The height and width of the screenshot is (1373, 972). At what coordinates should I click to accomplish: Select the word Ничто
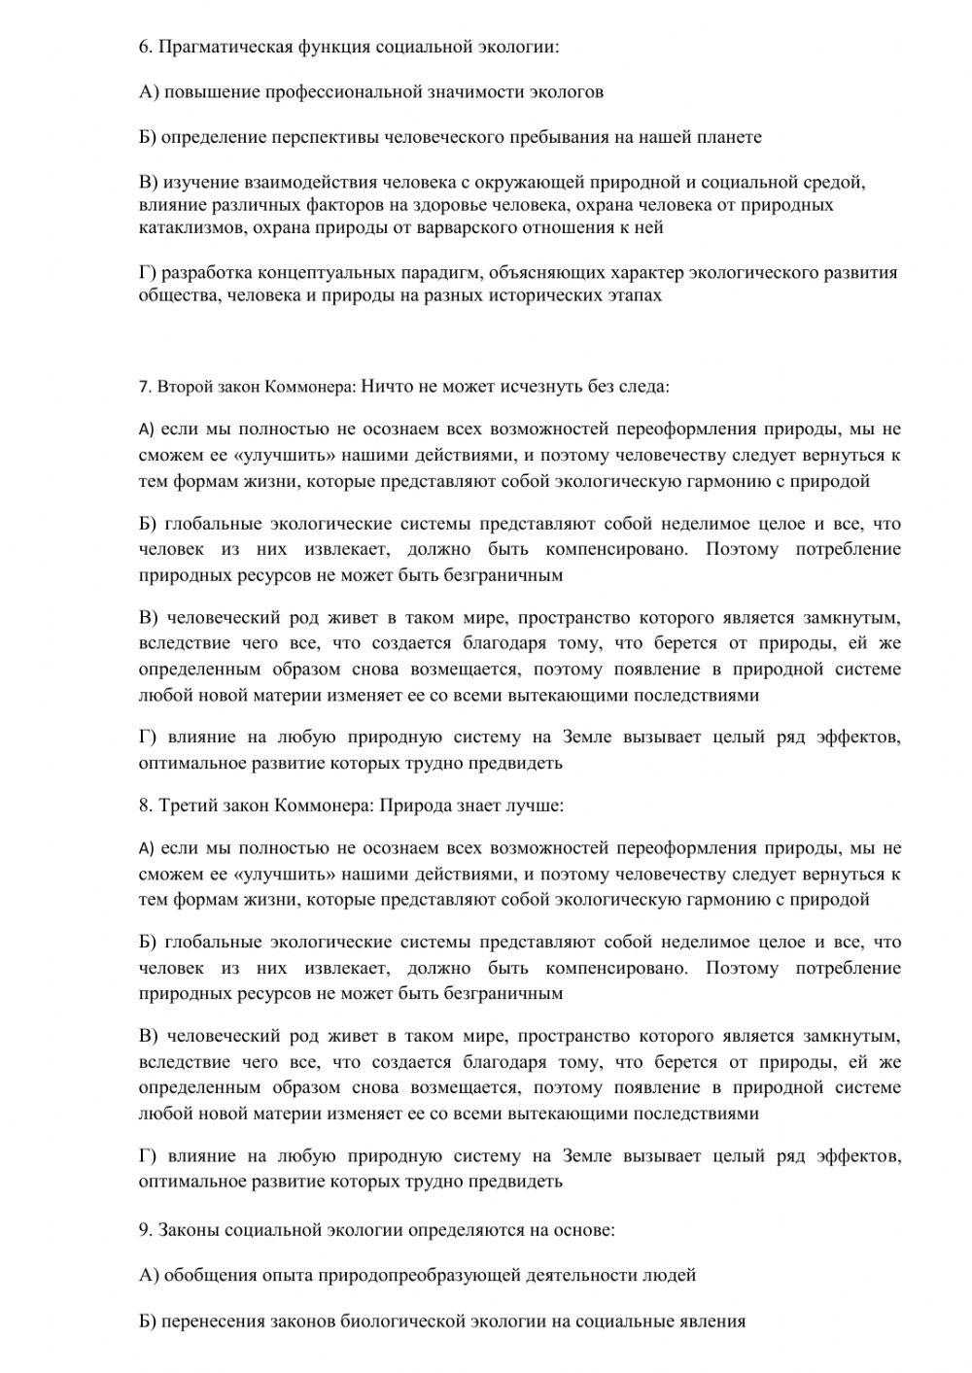click(x=386, y=387)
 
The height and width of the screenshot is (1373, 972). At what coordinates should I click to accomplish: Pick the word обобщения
click(x=211, y=1276)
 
